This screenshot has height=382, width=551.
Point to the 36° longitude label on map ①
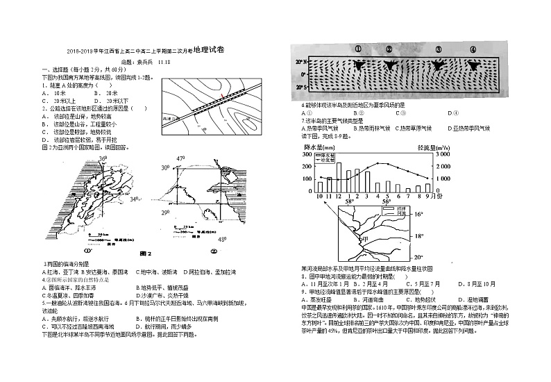point(102,159)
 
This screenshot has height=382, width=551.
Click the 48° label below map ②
point(222,240)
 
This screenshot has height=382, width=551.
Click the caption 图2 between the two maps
point(145,253)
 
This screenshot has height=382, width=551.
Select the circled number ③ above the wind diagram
point(439,49)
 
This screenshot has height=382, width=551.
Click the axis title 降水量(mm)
point(320,147)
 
